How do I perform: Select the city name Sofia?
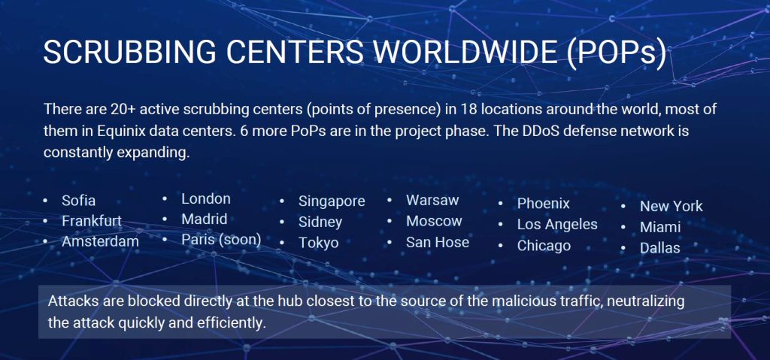pyautogui.click(x=79, y=201)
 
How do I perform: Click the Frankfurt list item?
pyautogui.click(x=92, y=221)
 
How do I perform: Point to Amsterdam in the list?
pyautogui.click(x=100, y=241)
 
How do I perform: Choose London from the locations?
pyautogui.click(x=206, y=199)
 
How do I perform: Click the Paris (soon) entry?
pyautogui.click(x=221, y=240)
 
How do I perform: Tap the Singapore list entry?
pyautogui.click(x=332, y=201)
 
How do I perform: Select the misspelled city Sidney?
pyautogui.click(x=320, y=222)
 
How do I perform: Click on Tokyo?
pyautogui.click(x=318, y=243)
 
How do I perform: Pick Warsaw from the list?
pyautogui.click(x=432, y=201)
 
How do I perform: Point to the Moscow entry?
pyautogui.click(x=434, y=221)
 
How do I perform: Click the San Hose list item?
pyautogui.click(x=438, y=242)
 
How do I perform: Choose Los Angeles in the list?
pyautogui.click(x=557, y=224)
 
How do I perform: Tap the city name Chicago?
pyautogui.click(x=544, y=246)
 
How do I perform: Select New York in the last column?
pyautogui.click(x=671, y=206)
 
